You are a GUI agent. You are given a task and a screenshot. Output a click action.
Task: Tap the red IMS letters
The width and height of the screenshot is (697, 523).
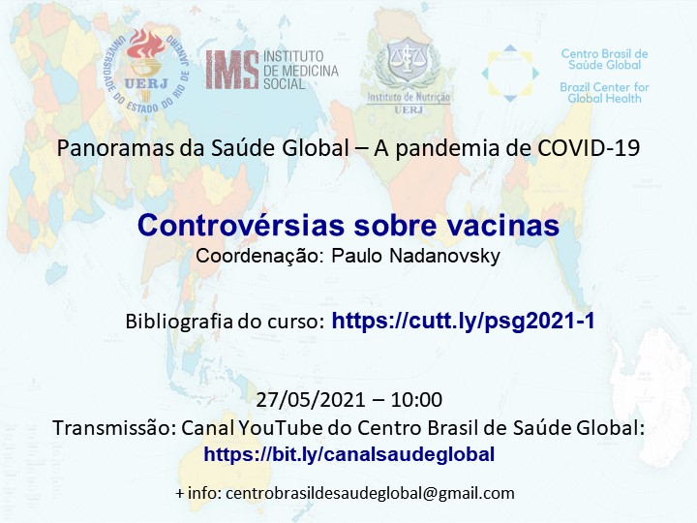tap(231, 70)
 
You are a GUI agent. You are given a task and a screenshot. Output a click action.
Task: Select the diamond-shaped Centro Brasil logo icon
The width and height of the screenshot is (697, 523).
tap(510, 73)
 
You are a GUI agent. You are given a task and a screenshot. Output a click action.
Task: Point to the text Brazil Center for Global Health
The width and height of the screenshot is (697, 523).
tap(604, 93)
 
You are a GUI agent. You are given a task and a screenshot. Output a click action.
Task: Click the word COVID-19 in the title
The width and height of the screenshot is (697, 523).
tap(589, 148)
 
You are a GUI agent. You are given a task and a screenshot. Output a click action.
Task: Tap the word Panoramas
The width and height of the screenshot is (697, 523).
tap(115, 148)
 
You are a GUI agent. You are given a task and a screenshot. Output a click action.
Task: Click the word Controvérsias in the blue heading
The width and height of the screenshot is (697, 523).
tap(241, 225)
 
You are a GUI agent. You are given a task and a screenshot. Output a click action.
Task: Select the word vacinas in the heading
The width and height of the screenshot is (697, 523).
tap(503, 225)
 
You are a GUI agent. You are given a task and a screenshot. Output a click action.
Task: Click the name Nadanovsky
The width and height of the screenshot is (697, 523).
tap(444, 256)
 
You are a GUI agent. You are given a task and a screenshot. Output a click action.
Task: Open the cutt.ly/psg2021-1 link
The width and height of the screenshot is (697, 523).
tap(463, 321)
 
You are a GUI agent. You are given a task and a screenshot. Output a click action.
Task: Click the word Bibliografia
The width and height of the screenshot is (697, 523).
tap(179, 322)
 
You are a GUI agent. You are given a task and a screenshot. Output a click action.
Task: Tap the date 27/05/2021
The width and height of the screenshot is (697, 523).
tap(311, 400)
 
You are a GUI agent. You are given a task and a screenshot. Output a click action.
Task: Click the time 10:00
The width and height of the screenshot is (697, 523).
tap(416, 400)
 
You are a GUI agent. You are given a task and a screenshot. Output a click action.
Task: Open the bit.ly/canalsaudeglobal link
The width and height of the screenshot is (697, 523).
tap(348, 454)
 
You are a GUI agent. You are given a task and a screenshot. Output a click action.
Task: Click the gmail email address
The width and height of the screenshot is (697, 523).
tap(370, 493)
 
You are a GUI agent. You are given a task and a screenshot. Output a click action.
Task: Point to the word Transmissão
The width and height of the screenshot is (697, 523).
tap(114, 428)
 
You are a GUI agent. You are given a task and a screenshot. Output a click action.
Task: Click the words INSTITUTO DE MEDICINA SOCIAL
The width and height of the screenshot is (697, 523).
tap(300, 70)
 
